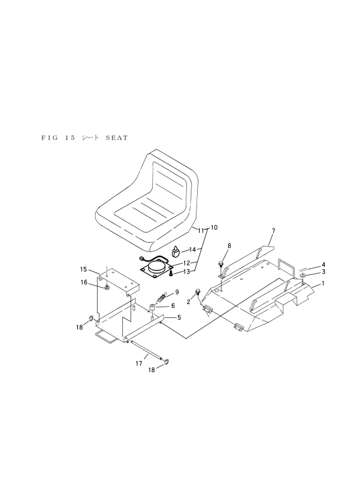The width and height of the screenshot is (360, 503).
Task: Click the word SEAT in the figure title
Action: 117,138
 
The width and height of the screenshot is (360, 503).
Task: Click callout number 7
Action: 273,231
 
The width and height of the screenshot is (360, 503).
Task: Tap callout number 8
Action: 229,246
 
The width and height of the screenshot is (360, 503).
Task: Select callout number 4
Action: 323,265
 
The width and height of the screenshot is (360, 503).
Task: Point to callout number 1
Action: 323,283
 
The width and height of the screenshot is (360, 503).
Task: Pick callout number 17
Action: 139,364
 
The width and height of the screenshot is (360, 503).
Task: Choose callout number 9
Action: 177,292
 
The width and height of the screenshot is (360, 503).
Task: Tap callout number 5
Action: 179,317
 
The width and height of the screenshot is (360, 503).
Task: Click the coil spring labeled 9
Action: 162,298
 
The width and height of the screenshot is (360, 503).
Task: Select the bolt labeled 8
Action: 221,265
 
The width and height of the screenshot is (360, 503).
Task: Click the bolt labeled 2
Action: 198,292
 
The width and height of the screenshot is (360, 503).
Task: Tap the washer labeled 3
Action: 303,276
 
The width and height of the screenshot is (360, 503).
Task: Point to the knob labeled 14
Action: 176,251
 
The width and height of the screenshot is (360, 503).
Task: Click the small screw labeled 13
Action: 171,273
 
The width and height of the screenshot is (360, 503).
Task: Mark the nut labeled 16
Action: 106,286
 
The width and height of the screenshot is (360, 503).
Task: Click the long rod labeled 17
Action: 147,351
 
